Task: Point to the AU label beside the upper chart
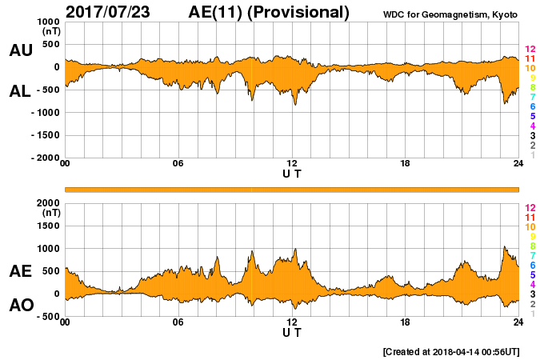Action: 21,50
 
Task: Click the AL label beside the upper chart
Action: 21,91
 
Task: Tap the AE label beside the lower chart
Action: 21,271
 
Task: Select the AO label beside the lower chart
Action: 21,306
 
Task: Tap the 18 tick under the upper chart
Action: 405,164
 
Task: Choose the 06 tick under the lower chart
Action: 178,322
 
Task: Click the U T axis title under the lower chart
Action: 292,332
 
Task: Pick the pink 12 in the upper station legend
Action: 530,50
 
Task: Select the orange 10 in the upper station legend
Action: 530,69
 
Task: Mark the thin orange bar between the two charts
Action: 292,189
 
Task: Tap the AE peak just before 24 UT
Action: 504,247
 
